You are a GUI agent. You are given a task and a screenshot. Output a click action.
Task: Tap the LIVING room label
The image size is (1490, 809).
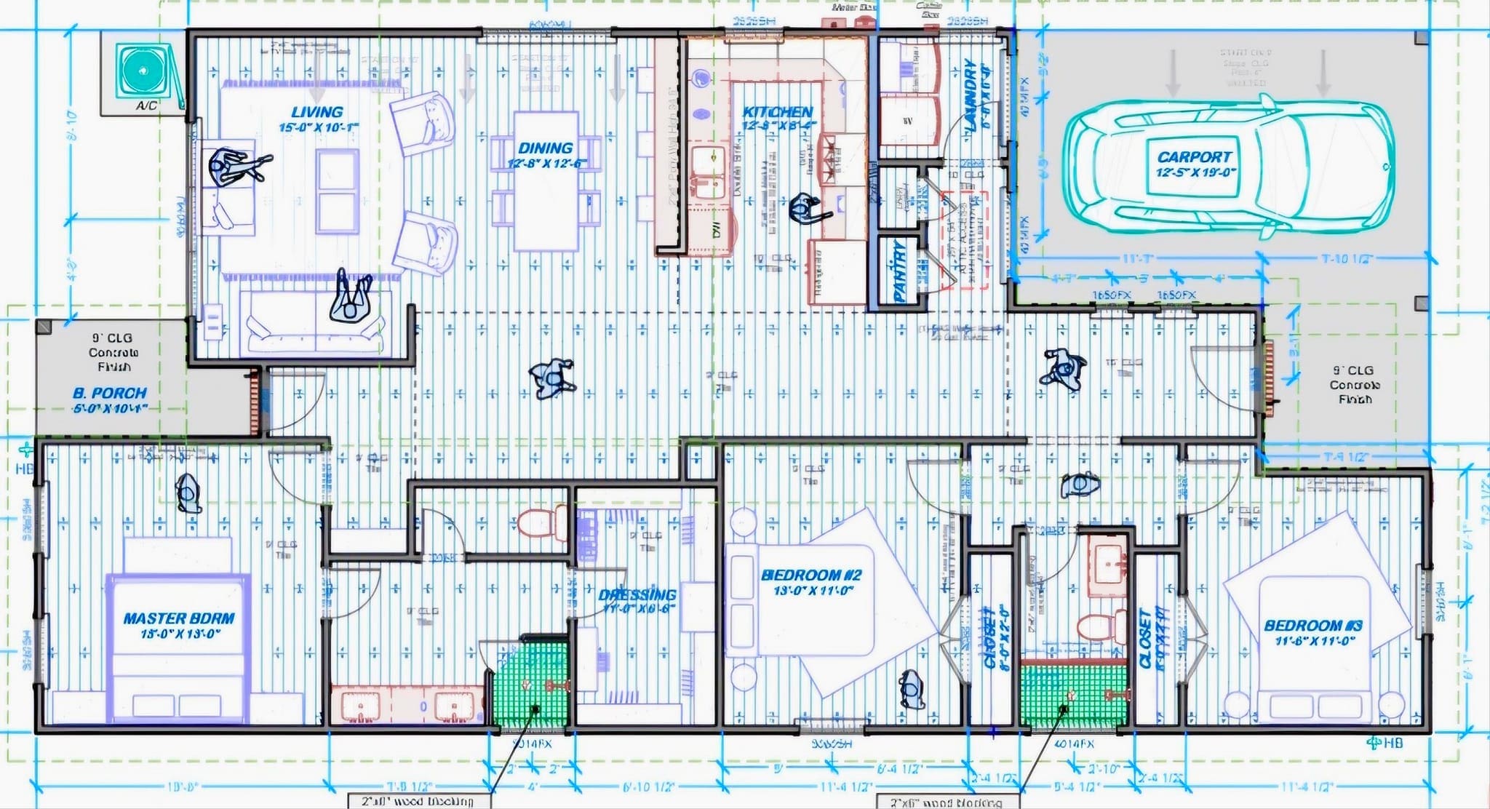click(317, 112)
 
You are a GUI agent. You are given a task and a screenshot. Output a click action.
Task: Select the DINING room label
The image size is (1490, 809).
click(546, 148)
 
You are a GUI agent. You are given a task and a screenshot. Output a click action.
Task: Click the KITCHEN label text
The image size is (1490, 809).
click(777, 112)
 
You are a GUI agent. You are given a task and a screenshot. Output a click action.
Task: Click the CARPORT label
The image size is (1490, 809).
click(1194, 157)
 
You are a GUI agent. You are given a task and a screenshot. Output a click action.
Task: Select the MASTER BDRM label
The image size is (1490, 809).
click(179, 619)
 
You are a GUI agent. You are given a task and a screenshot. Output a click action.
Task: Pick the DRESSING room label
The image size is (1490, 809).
click(637, 595)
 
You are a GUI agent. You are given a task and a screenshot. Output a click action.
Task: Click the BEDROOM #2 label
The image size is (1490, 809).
click(811, 575)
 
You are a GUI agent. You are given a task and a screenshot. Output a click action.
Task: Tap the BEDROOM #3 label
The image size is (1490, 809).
click(1313, 626)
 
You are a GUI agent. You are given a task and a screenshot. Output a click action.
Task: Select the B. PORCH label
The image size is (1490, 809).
click(110, 393)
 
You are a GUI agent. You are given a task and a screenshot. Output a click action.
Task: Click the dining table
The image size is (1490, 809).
click(546, 180)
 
